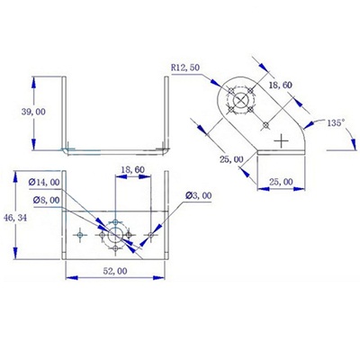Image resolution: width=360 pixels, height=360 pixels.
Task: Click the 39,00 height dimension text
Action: tap(33, 112)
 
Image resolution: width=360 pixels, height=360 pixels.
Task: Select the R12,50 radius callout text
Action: tap(186, 67)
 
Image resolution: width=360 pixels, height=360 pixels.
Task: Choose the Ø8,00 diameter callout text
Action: tap(46, 201)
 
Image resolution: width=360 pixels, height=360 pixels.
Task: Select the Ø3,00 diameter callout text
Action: tap(200, 195)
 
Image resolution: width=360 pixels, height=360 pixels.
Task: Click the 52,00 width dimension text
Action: tap(114, 270)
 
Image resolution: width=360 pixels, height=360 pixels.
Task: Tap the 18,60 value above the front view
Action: tap(133, 169)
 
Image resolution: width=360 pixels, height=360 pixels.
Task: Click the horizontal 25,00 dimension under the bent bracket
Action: tap(281, 182)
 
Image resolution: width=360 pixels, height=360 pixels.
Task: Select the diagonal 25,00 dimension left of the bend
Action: tap(231, 159)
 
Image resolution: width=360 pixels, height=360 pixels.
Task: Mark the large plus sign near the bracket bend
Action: tap(283, 140)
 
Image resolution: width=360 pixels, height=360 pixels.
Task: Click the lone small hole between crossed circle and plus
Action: tap(264, 124)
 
